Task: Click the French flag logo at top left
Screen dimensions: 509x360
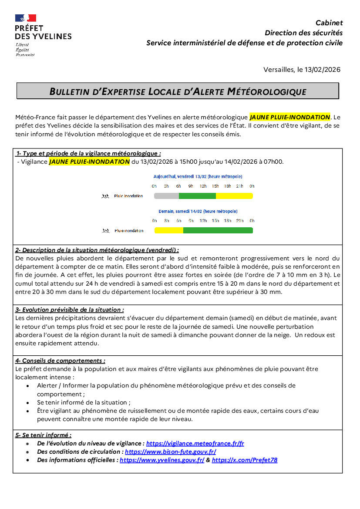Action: pyautogui.click(x=26, y=18)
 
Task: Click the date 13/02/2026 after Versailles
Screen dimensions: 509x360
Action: pyautogui.click(x=322, y=70)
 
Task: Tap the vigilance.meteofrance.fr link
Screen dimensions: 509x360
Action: pyautogui.click(x=195, y=443)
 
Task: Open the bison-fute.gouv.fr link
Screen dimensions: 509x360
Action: pyautogui.click(x=170, y=452)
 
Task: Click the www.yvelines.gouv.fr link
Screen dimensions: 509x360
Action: pyautogui.click(x=162, y=460)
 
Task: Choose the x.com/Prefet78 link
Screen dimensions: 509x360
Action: pyautogui.click(x=244, y=460)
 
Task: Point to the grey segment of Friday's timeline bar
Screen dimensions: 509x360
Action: pyautogui.click(x=166, y=196)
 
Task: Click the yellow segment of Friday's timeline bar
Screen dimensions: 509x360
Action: pyautogui.click(x=234, y=196)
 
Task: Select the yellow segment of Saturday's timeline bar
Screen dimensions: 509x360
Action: pyautogui.click(x=169, y=230)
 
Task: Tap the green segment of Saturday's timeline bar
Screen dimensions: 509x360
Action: pyautogui.click(x=218, y=230)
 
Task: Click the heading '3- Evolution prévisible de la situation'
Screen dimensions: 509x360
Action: pyautogui.click(x=70, y=310)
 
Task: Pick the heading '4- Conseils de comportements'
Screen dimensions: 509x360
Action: pyautogui.click(x=60, y=361)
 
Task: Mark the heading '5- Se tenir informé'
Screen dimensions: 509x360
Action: pyautogui.click(x=44, y=435)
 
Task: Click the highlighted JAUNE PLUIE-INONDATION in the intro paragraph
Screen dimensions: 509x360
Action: pyautogui.click(x=289, y=117)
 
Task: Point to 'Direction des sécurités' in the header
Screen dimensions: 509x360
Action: pyautogui.click(x=303, y=33)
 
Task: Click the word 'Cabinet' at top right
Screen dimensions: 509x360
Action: pyautogui.click(x=329, y=23)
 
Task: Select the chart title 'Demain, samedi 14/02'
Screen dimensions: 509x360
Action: pyautogui.click(x=198, y=211)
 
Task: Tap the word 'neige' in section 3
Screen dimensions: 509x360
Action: pyautogui.click(x=276, y=335)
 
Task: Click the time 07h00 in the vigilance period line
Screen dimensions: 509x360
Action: pyautogui.click(x=273, y=162)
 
